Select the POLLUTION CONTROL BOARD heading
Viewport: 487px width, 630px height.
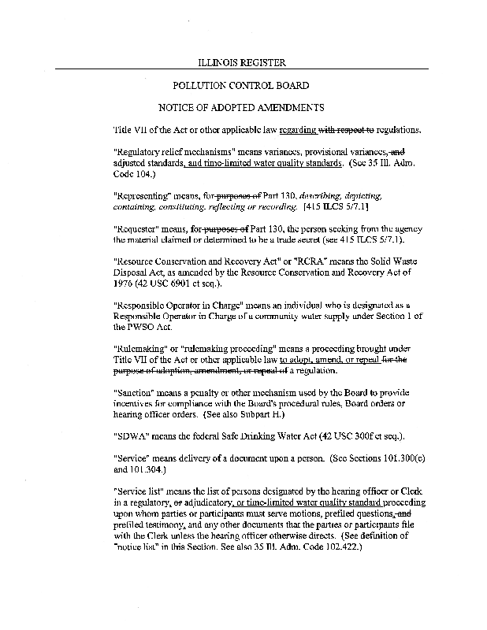click(240, 85)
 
